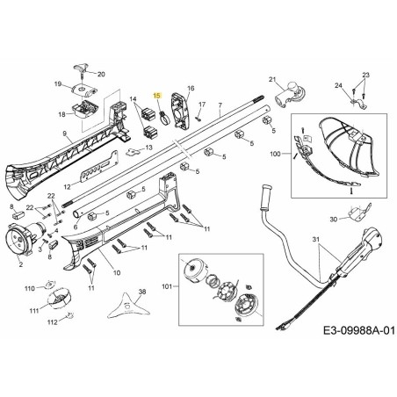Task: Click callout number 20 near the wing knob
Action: (101, 75)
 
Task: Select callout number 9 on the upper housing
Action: (66, 134)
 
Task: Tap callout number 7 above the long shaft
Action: (220, 106)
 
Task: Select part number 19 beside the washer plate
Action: (57, 83)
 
